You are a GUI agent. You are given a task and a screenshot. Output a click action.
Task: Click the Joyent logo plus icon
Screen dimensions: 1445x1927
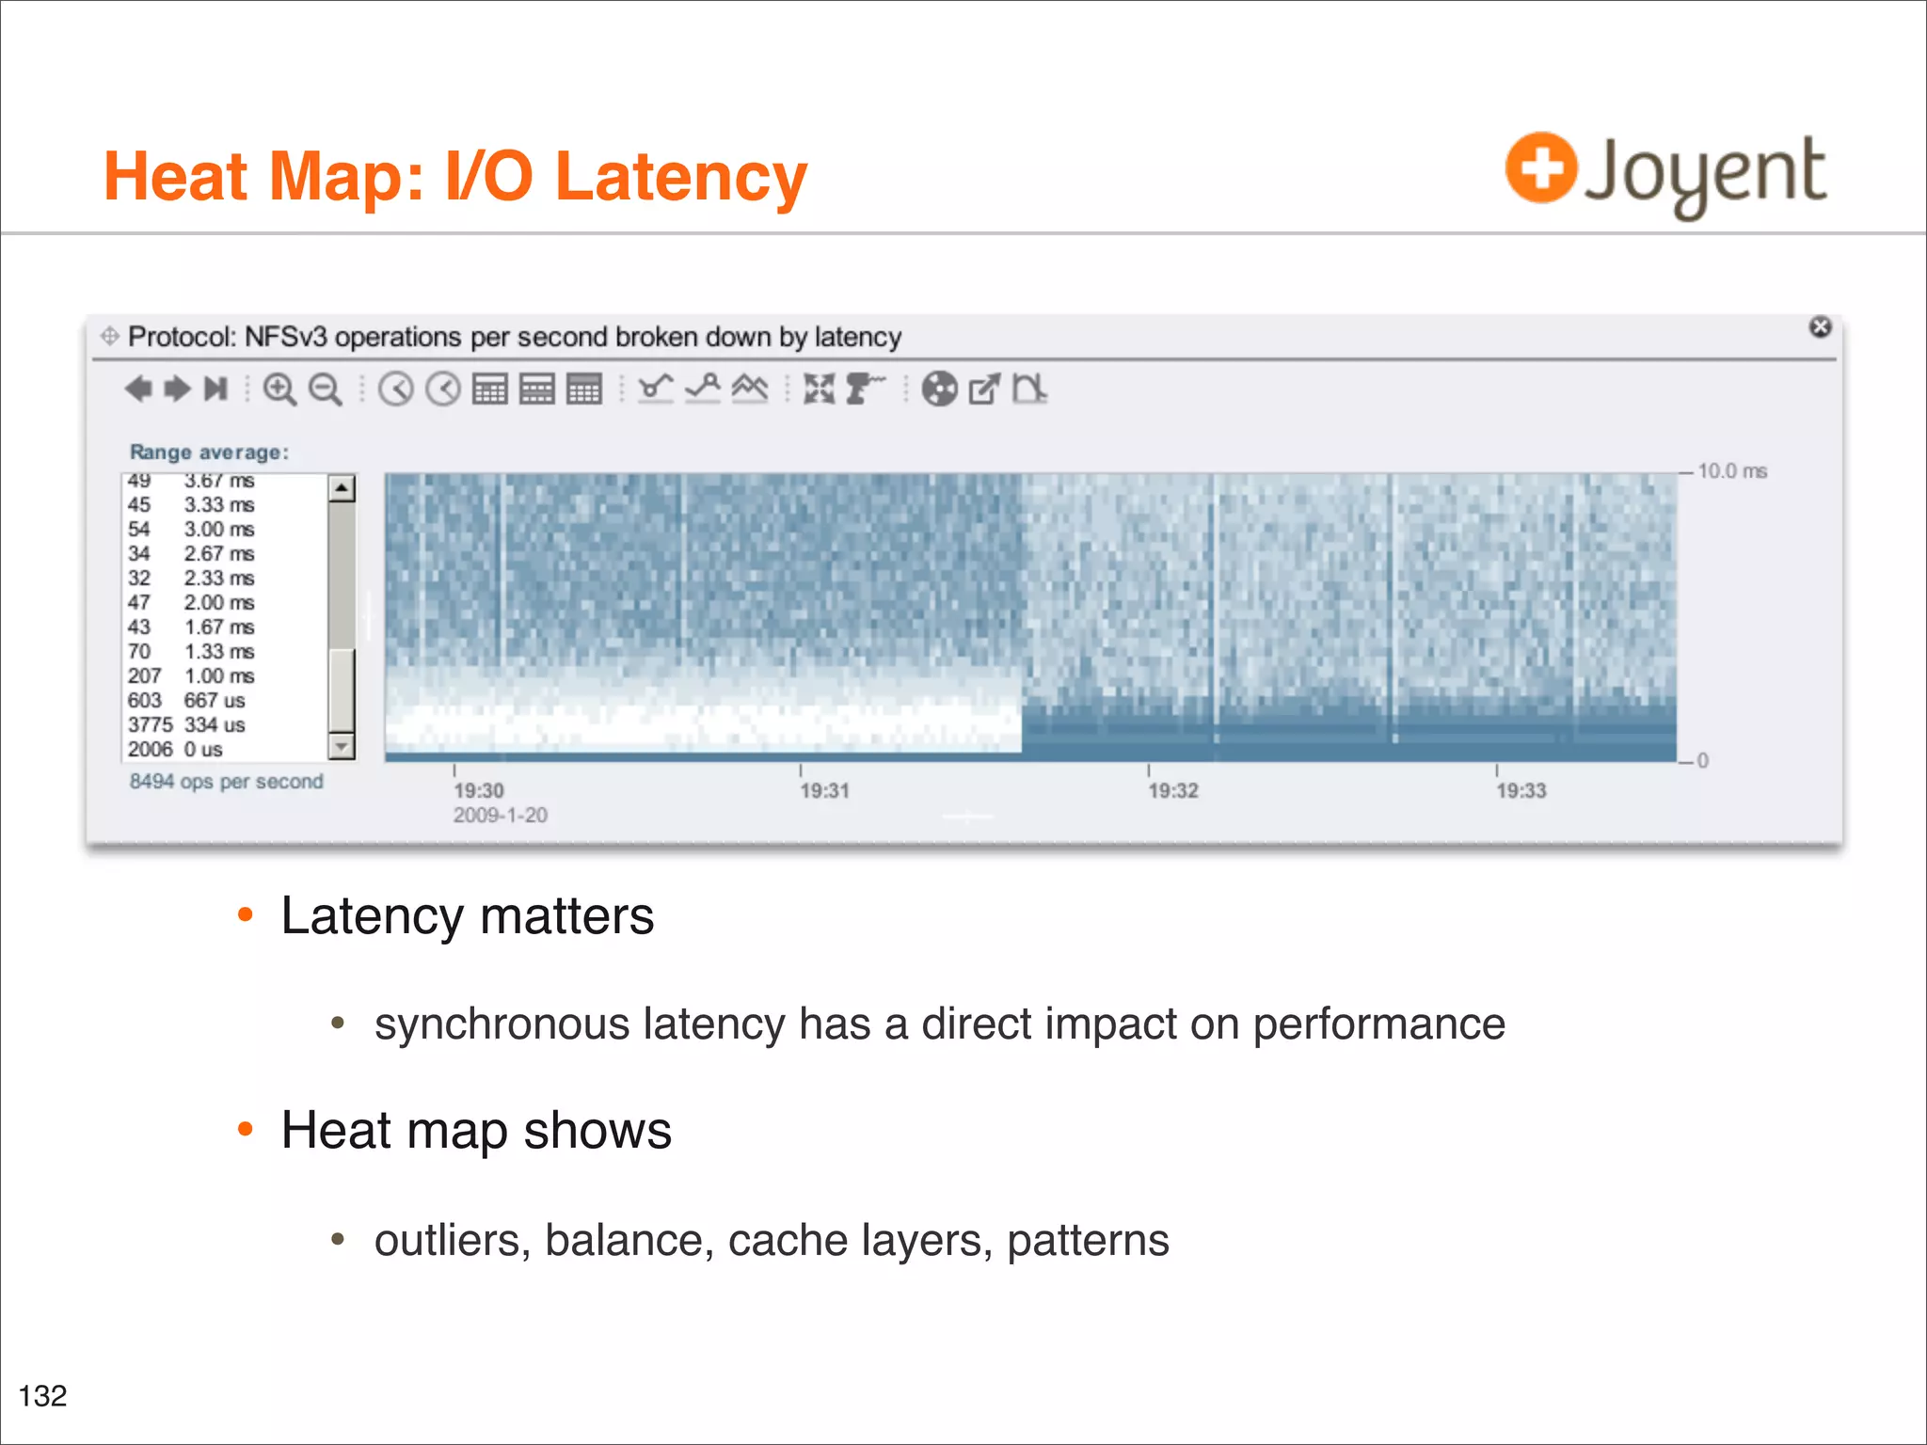pyautogui.click(x=1540, y=167)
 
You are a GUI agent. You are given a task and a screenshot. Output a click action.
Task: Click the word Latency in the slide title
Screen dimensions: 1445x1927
pyautogui.click(x=681, y=177)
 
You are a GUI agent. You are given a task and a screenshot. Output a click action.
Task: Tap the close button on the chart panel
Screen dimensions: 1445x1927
pyautogui.click(x=1820, y=326)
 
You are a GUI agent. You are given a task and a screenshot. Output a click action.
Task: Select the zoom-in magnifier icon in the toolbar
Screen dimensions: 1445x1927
pyautogui.click(x=279, y=389)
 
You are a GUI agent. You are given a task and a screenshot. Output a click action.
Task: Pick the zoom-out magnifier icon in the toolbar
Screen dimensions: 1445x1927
pyautogui.click(x=326, y=389)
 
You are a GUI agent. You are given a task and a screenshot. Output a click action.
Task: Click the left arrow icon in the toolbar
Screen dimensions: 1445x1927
pyautogui.click(x=138, y=389)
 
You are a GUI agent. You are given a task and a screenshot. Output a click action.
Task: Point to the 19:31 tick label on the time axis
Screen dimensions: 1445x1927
pyautogui.click(x=824, y=791)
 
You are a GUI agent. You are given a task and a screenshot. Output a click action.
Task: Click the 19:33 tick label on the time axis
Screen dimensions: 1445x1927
pyautogui.click(x=1521, y=791)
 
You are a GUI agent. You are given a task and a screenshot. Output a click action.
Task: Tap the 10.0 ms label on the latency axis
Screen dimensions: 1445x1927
pyautogui.click(x=1732, y=471)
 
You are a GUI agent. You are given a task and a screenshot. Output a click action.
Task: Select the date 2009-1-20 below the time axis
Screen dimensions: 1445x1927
pyautogui.click(x=500, y=816)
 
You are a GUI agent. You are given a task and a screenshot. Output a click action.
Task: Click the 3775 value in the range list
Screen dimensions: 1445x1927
pyautogui.click(x=150, y=725)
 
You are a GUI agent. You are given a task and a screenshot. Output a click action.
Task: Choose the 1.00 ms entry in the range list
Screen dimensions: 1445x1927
pyautogui.click(x=218, y=676)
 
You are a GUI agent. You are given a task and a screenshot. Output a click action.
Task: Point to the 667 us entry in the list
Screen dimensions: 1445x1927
pyautogui.click(x=214, y=701)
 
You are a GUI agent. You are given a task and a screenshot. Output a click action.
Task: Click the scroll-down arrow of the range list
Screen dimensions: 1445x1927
pyautogui.click(x=341, y=747)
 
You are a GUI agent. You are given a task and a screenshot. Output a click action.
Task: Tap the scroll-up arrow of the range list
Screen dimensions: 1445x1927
pyautogui.click(x=341, y=488)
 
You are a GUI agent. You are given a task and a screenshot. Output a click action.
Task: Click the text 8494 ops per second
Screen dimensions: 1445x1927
pyautogui.click(x=226, y=782)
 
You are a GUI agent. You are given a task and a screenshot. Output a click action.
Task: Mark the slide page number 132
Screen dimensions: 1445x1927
pyautogui.click(x=43, y=1396)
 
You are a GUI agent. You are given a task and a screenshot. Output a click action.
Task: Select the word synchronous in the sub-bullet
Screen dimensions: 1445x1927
pyautogui.click(x=502, y=1024)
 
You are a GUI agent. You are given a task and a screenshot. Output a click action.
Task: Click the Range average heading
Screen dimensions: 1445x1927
pyautogui.click(x=209, y=453)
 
